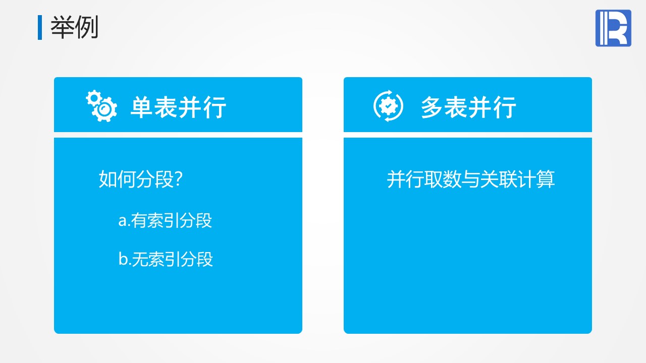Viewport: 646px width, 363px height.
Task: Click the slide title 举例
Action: click(x=74, y=27)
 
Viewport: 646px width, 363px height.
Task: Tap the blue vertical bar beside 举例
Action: click(x=40, y=27)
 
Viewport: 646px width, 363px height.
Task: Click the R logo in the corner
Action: click(x=613, y=28)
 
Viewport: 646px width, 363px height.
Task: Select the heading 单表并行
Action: click(x=179, y=107)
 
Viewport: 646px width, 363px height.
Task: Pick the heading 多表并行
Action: click(x=468, y=107)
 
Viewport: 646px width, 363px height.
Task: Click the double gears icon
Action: click(x=101, y=106)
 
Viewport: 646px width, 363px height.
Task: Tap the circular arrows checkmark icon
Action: click(x=388, y=106)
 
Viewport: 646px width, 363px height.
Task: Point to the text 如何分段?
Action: click(x=141, y=179)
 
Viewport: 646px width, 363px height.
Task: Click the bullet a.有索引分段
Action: click(x=165, y=221)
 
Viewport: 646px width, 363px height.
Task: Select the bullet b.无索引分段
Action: click(x=166, y=259)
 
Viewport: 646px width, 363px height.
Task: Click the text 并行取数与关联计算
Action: click(x=471, y=179)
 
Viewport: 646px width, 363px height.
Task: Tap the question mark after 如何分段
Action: click(x=179, y=178)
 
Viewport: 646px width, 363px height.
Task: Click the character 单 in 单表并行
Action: click(x=141, y=107)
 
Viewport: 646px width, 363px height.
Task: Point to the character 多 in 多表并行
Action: click(x=432, y=107)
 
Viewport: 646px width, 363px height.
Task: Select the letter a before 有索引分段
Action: click(x=123, y=221)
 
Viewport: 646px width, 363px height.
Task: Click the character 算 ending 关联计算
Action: click(x=546, y=179)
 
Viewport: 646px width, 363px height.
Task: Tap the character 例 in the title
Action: click(x=86, y=27)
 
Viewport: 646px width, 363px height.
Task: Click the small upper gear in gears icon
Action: click(x=93, y=98)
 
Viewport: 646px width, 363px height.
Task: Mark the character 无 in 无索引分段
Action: click(x=140, y=259)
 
